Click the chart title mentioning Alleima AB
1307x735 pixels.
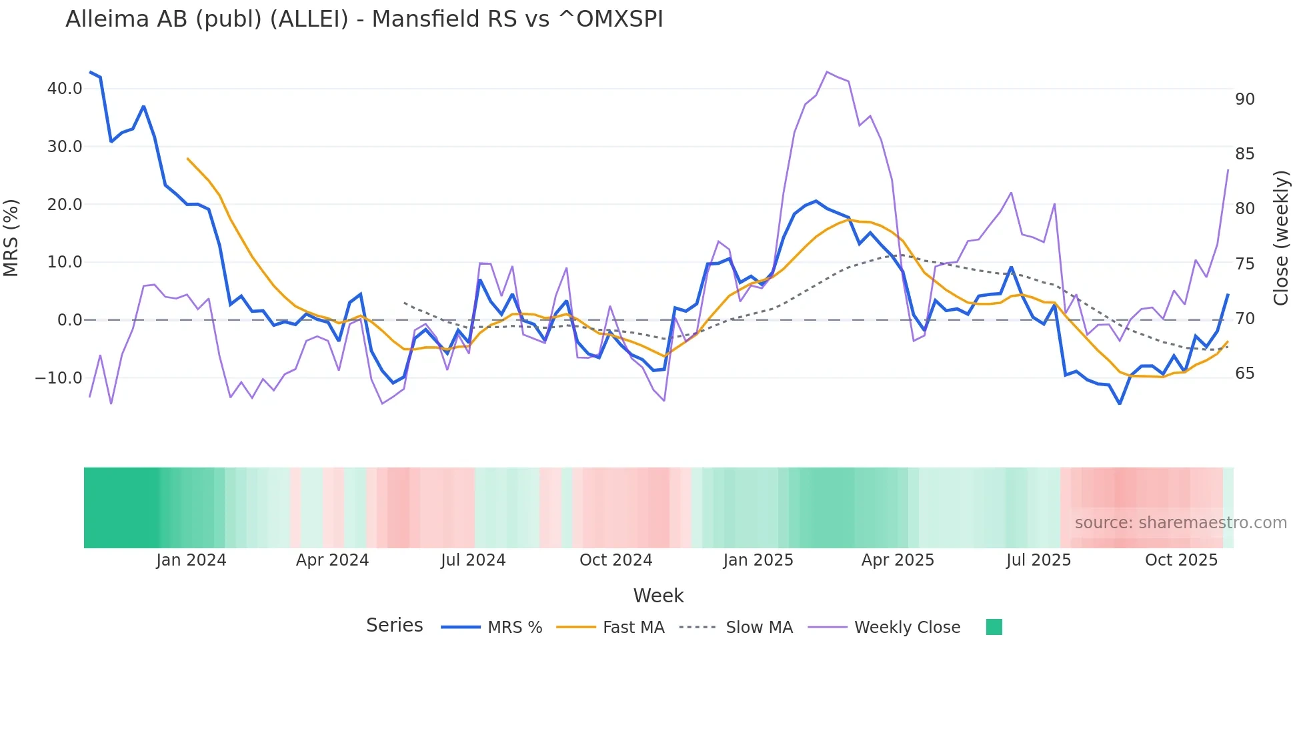pyautogui.click(x=364, y=19)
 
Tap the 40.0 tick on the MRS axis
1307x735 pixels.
pyautogui.click(x=65, y=89)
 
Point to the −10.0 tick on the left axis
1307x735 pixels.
pyautogui.click(x=59, y=378)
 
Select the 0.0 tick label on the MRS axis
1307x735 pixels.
pyautogui.click(x=69, y=320)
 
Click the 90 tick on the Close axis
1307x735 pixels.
pyautogui.click(x=1244, y=99)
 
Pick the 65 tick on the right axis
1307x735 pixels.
pyautogui.click(x=1244, y=374)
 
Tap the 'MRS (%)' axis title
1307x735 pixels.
pyautogui.click(x=11, y=238)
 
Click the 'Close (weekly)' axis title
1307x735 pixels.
pyautogui.click(x=1281, y=238)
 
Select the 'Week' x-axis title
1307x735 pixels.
pyautogui.click(x=658, y=596)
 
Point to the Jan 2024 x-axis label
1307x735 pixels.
pyautogui.click(x=191, y=560)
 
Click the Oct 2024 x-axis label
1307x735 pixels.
pyautogui.click(x=615, y=560)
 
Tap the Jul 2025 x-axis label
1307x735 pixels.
pyautogui.click(x=1038, y=560)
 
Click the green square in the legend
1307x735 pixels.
pyautogui.click(x=994, y=627)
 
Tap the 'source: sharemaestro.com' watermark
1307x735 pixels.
pyautogui.click(x=1180, y=523)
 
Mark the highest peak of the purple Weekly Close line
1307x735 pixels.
pyautogui.click(x=827, y=72)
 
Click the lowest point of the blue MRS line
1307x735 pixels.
pyautogui.click(x=1120, y=404)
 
